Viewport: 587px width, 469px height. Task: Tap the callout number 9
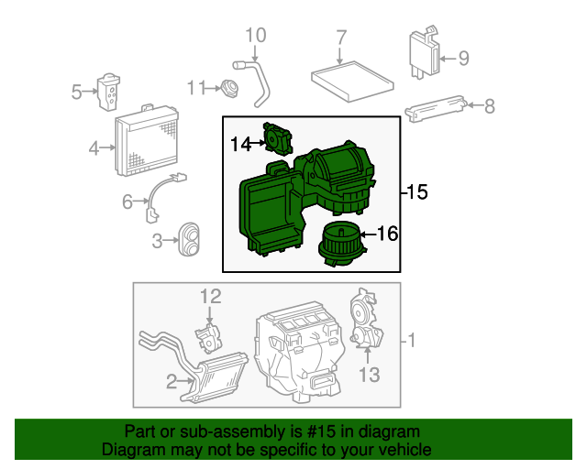tap(463, 59)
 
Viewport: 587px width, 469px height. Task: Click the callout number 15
tap(417, 192)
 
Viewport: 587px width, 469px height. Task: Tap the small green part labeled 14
tap(276, 141)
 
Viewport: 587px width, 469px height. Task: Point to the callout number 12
tap(211, 296)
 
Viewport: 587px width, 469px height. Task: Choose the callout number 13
tap(369, 375)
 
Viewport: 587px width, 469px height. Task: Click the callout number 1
tap(413, 342)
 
